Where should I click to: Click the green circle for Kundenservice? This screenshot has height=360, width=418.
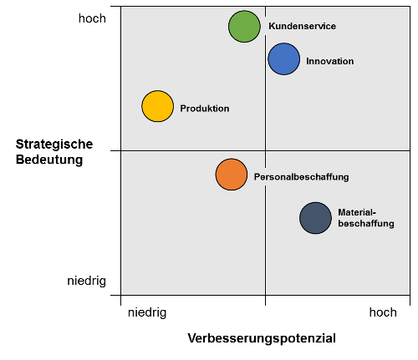[x=244, y=27]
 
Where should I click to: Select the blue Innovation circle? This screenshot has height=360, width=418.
[x=284, y=59]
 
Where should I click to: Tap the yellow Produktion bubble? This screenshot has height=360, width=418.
[x=158, y=106]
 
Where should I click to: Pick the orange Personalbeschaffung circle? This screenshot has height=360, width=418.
[x=232, y=175]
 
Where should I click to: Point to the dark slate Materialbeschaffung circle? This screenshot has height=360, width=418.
[x=316, y=218]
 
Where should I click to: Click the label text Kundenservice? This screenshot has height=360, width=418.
[x=303, y=26]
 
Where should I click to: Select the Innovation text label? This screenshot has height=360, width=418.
[x=330, y=61]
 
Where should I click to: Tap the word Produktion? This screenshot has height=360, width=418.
[x=205, y=109]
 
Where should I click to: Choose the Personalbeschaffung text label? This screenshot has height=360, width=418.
[x=302, y=177]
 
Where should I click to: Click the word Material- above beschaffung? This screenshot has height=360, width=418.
[x=357, y=212]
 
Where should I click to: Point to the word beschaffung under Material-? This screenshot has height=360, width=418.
[x=366, y=223]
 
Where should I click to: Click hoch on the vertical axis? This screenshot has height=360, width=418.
[x=92, y=18]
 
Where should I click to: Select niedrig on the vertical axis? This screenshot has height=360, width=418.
[x=87, y=281]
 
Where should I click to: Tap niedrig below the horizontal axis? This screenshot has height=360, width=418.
[x=147, y=312]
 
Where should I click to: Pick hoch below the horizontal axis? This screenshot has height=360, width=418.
[x=383, y=312]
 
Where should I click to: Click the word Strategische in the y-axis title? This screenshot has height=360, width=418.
[x=54, y=145]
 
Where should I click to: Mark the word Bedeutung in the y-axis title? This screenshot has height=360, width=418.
[x=49, y=160]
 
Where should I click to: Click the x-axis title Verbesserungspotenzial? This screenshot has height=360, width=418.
[x=262, y=338]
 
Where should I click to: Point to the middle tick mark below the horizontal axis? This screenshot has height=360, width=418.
[x=265, y=300]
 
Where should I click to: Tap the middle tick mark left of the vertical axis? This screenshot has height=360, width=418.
[x=115, y=151]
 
